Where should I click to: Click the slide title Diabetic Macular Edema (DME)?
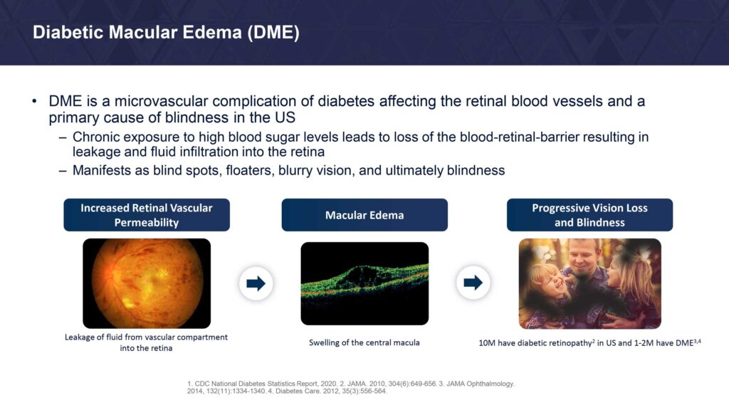(166, 33)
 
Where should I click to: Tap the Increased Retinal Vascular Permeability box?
(147, 215)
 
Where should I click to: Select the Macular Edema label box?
(364, 215)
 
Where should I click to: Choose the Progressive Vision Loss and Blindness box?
(589, 215)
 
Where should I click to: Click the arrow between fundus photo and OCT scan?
(256, 283)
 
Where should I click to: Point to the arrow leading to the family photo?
(473, 282)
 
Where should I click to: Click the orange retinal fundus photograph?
(147, 283)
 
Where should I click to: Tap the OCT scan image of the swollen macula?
(364, 283)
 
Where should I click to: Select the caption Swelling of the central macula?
(364, 342)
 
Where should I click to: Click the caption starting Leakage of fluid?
(146, 342)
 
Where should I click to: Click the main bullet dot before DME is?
(34, 101)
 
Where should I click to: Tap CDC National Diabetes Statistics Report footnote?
(257, 384)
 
